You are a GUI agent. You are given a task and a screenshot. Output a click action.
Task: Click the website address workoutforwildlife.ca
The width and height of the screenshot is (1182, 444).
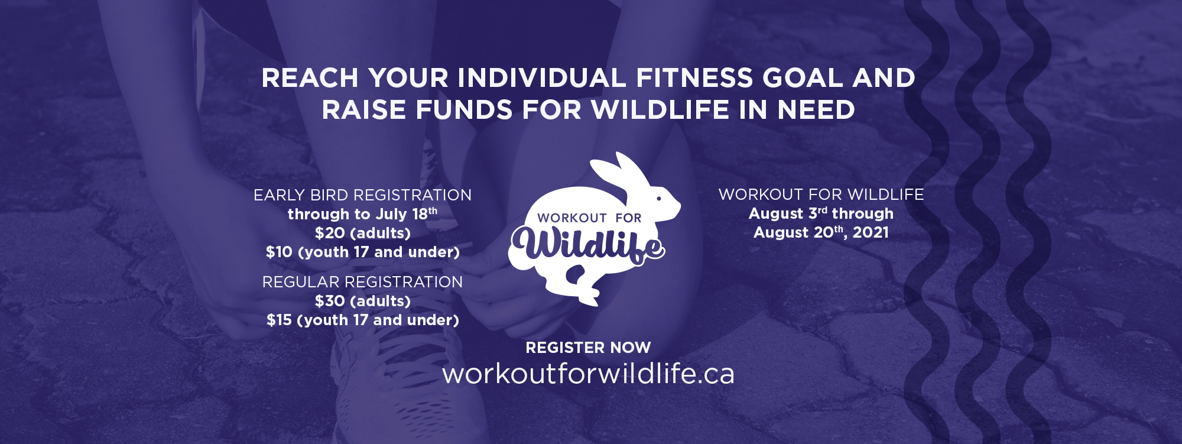(x=588, y=374)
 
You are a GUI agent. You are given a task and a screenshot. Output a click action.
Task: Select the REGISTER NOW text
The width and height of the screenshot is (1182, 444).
(x=588, y=348)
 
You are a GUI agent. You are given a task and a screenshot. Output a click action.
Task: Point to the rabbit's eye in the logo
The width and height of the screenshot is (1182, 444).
(x=658, y=199)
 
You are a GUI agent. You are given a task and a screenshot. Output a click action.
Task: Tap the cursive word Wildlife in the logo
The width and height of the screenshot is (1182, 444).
(x=588, y=244)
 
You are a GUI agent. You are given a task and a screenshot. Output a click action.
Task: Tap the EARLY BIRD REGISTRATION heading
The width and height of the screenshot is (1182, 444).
(x=362, y=195)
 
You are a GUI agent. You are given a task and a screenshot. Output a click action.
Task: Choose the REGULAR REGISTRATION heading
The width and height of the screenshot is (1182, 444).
(x=362, y=282)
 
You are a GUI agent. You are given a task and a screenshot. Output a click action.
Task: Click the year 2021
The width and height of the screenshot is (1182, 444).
(x=871, y=232)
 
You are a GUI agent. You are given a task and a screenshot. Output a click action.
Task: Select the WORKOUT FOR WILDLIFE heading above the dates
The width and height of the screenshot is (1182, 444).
(x=821, y=195)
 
